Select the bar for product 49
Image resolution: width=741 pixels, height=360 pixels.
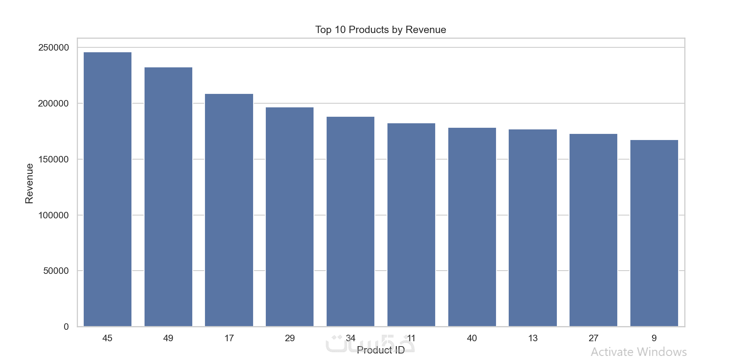168,197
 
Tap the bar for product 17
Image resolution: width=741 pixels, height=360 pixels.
229,210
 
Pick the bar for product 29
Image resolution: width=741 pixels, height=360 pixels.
289,217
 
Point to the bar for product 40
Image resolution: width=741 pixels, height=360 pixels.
472,227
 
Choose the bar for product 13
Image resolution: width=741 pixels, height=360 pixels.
533,228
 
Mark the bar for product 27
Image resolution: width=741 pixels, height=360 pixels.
593,230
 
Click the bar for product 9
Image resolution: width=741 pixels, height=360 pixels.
654,233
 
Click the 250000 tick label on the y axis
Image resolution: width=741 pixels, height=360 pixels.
53,48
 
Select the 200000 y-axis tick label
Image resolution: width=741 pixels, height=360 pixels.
53,104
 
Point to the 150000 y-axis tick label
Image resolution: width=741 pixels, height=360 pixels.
53,160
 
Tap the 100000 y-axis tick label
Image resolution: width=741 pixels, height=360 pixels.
53,215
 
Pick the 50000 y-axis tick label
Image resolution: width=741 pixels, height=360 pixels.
56,271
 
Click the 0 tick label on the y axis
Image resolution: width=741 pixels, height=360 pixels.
66,327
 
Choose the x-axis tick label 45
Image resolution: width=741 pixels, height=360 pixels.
107,338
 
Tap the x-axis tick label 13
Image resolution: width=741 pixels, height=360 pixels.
533,338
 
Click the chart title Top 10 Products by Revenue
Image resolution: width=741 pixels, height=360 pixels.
381,30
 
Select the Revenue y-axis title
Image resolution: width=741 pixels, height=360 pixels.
29,183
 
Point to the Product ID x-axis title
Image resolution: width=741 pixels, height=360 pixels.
381,350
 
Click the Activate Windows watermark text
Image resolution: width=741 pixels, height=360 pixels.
639,351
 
